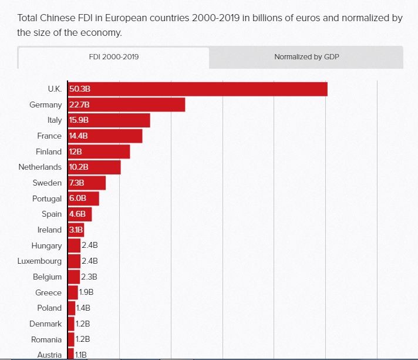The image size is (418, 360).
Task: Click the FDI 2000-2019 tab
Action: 113,58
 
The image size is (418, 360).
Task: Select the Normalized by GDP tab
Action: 306,58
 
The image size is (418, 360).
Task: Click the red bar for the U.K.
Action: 197,89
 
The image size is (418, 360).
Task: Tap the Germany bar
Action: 126,105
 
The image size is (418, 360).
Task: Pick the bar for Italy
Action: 109,120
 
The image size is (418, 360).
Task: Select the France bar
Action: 105,136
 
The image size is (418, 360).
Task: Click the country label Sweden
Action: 47,183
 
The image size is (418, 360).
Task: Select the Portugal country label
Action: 46,198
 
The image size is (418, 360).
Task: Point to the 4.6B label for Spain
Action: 78,214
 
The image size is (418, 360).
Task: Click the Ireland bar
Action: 76,230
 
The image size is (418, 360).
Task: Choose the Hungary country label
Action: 46,245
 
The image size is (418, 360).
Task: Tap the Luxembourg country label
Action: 39,261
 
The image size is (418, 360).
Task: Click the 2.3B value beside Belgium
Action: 89,277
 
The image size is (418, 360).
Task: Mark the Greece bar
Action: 73,292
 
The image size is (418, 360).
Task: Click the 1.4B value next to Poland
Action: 83,308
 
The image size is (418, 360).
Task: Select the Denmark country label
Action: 45,324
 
